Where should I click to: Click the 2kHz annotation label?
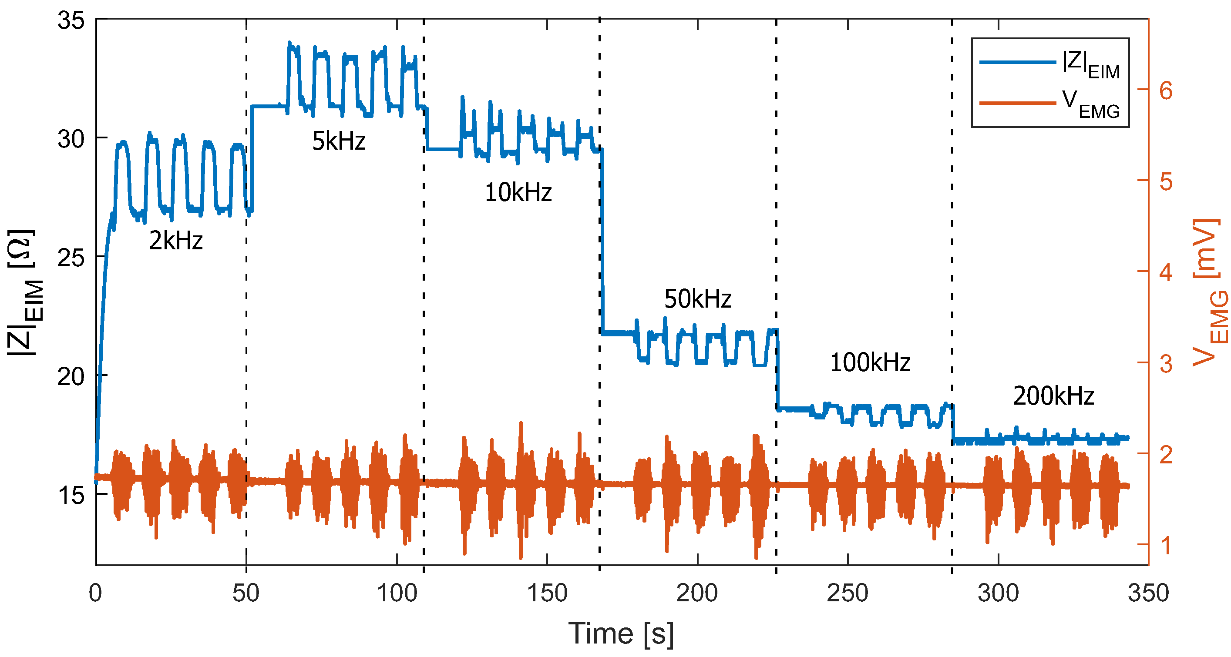coord(176,240)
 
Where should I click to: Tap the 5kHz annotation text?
coord(338,141)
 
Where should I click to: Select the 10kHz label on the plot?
coord(518,193)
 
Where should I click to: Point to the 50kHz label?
coord(697,299)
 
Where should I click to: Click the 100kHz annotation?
coord(870,363)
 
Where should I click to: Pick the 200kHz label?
coord(1053,396)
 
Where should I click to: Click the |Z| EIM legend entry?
coord(1090,65)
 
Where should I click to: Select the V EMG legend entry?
coord(1090,104)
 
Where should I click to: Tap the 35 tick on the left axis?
coord(71,20)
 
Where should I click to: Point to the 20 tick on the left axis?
coord(71,376)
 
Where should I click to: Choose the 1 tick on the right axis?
coord(1166,545)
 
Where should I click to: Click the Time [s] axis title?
coord(621,634)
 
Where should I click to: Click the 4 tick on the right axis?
coord(1166,272)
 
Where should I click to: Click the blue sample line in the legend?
coord(1017,63)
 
